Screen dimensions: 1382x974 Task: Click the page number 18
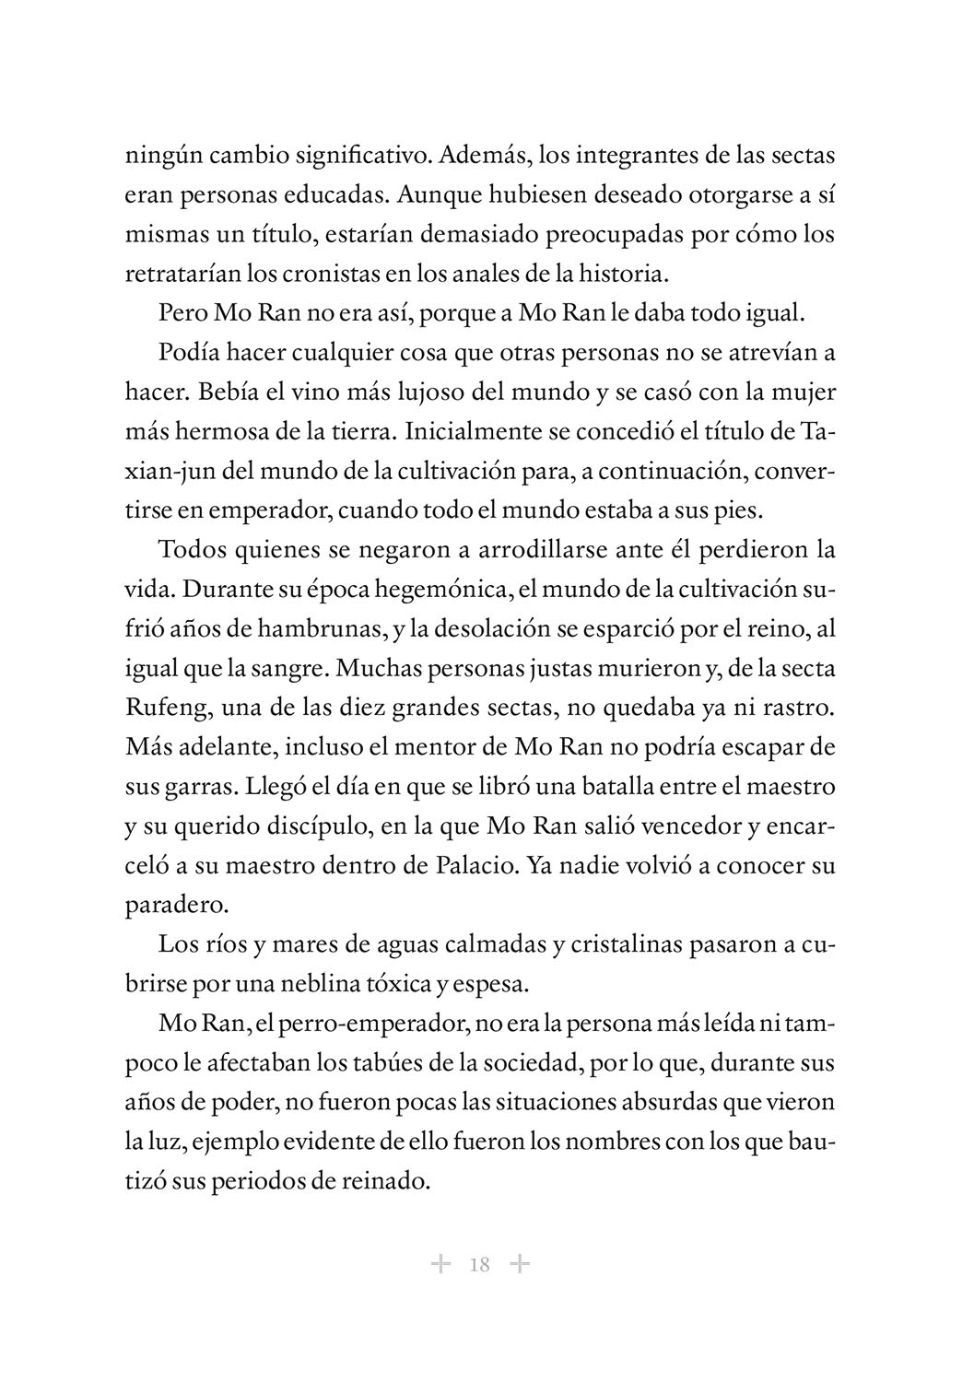479,1264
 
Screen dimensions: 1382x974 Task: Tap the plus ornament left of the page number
440,1263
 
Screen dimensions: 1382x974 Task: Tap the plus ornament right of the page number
520,1263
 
